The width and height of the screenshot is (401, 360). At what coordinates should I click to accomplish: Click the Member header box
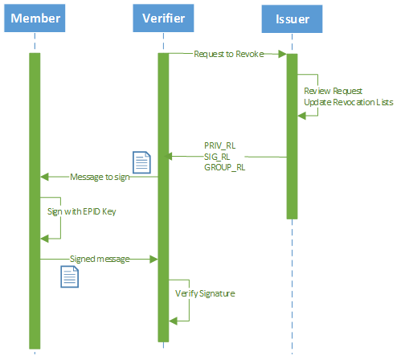point(35,18)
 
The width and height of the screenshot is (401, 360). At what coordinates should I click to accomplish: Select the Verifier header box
point(163,18)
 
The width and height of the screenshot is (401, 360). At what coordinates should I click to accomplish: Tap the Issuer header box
point(292,18)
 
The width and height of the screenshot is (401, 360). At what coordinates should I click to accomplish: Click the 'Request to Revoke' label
point(229,54)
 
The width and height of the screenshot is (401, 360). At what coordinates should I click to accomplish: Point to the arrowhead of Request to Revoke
point(282,54)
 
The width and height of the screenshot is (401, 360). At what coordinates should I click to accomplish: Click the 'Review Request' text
point(333,91)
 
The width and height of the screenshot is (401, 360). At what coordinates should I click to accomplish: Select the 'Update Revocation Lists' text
point(349,102)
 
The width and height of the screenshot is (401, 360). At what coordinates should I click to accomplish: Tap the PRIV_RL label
point(219,145)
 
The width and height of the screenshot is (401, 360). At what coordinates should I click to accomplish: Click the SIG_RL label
point(217,157)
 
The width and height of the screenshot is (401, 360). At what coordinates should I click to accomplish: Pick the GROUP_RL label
point(224,167)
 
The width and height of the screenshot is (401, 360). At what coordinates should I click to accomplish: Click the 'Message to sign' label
point(100,177)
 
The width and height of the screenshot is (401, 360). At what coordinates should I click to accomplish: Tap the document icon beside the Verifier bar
point(141,162)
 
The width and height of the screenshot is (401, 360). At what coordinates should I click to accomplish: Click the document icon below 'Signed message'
point(69,276)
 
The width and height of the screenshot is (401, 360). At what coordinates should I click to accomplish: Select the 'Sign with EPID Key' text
point(81,211)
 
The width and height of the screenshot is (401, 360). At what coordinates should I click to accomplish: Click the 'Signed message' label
point(100,259)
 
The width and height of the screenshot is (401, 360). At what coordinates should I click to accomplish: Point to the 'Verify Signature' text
point(205,293)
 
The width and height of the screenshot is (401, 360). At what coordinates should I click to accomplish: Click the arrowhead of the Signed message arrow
point(153,260)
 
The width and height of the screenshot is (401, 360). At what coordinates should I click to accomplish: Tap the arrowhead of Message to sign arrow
point(44,177)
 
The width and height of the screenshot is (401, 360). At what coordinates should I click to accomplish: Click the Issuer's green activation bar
point(292,137)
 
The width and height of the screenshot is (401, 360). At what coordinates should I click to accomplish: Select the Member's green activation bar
point(35,201)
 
